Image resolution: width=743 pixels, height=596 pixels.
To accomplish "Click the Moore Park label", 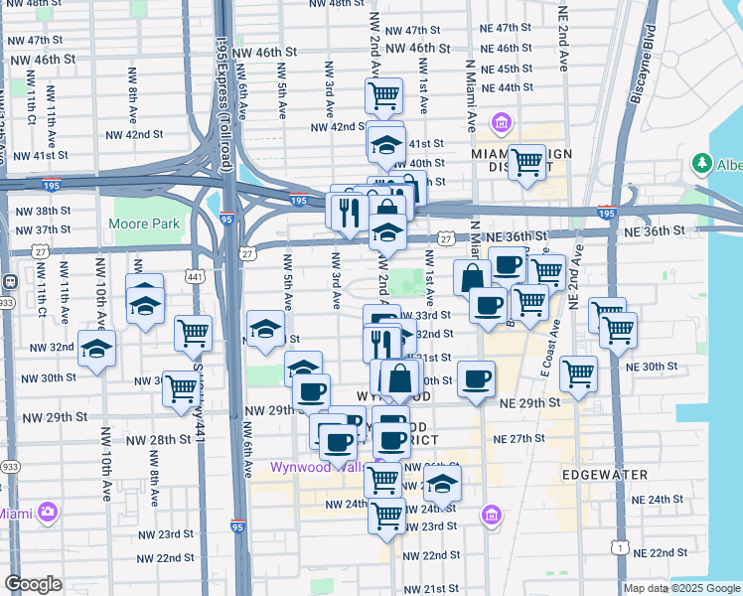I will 146,223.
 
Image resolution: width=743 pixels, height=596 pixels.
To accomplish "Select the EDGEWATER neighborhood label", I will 598,476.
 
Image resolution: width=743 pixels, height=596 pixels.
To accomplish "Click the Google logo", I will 33,584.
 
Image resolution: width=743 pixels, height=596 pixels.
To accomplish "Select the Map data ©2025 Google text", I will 680,588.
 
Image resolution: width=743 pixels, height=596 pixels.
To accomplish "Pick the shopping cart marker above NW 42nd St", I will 383,96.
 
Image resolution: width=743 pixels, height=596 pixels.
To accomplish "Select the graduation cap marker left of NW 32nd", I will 96,349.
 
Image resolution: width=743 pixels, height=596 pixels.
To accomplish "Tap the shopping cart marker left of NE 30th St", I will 578,373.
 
